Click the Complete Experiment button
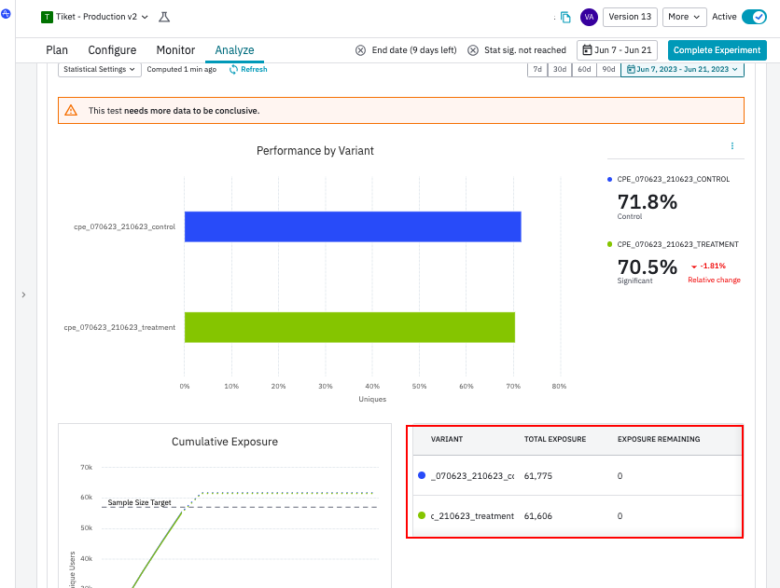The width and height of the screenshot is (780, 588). [717, 50]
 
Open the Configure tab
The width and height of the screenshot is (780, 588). [112, 50]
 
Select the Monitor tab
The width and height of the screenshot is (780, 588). [175, 50]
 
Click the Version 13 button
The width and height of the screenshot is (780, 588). [631, 17]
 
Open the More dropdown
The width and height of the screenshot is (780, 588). [685, 17]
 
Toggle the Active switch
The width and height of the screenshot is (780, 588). [753, 17]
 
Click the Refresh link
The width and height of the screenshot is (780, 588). [248, 70]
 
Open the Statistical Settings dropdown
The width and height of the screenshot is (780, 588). [100, 70]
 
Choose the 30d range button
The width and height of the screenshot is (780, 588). [559, 70]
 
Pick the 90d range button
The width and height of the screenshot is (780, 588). [608, 70]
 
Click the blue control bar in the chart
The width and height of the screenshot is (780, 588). [352, 226]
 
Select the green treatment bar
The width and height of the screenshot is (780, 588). [349, 327]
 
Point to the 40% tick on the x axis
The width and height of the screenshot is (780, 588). [372, 386]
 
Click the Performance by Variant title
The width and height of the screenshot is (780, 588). [315, 151]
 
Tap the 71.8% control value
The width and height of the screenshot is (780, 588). [648, 201]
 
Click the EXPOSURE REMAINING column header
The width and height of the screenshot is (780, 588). [659, 439]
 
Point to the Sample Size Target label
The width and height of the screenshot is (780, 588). [140, 503]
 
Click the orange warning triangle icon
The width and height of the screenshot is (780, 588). [71, 111]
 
